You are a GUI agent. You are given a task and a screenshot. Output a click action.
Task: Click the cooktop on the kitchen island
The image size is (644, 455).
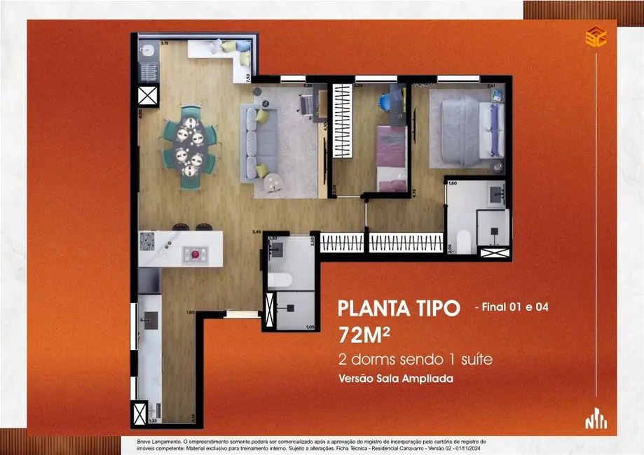(195, 255)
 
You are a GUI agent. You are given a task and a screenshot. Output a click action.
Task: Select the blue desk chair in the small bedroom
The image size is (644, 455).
(385, 102)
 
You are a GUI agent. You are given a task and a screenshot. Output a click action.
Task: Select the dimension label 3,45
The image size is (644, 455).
(256, 232)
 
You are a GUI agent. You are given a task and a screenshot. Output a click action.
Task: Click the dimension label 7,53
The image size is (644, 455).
(248, 77)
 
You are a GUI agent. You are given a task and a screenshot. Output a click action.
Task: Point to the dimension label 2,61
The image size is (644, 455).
(491, 86)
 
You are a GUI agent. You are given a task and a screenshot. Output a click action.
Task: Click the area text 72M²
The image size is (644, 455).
(364, 335)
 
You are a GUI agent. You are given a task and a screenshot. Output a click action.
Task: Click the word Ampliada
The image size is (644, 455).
(427, 378)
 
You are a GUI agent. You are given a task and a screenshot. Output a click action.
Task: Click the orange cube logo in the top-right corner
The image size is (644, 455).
(595, 36)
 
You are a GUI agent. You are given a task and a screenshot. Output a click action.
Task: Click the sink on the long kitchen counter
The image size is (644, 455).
(149, 319)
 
